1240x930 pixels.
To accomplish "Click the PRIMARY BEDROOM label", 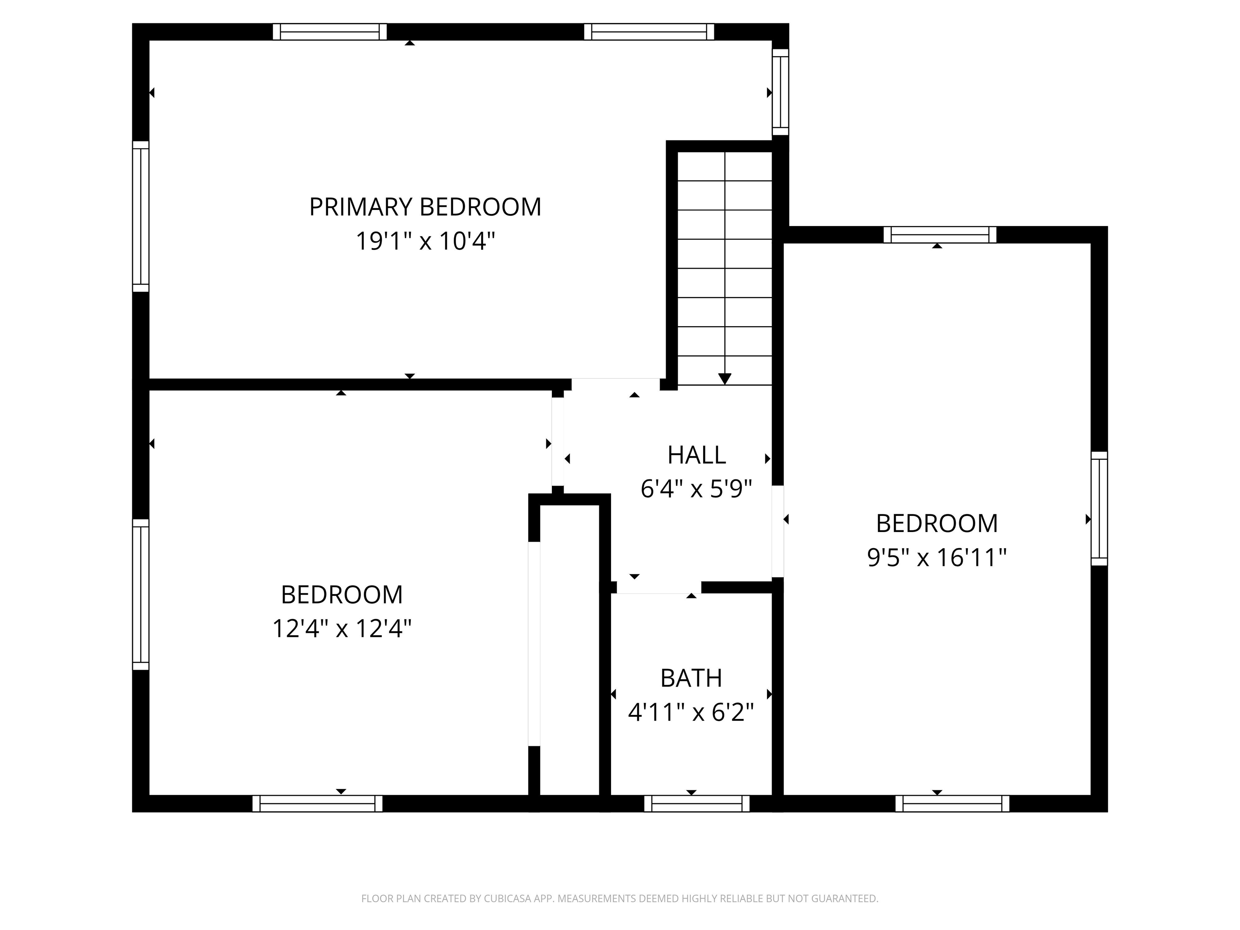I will [x=425, y=207].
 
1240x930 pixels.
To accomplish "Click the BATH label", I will [x=691, y=678].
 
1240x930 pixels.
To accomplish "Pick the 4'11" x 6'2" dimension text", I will [x=691, y=712].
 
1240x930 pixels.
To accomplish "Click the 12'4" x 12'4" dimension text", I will [x=341, y=628].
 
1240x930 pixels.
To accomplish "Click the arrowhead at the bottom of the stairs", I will [x=725, y=379].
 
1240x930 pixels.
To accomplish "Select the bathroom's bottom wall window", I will [x=697, y=803].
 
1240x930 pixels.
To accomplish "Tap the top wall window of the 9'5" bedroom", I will [x=940, y=235].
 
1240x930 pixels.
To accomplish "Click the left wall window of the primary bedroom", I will [x=141, y=216].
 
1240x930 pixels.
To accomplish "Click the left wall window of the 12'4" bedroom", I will [x=141, y=594].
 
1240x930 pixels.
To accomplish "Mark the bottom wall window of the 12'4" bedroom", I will [x=317, y=803].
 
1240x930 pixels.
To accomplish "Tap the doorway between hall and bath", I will [x=659, y=587].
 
